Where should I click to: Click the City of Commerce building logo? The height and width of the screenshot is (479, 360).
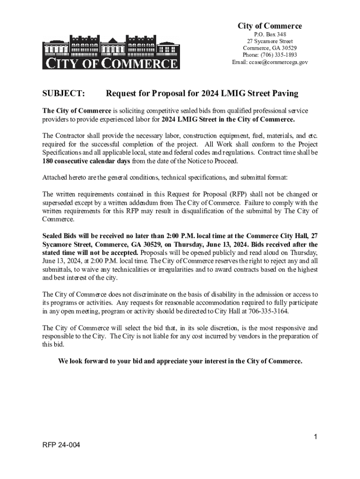coord(111,51)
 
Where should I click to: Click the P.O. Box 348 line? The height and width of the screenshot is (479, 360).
coord(270,35)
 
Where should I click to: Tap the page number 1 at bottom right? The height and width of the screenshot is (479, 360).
coord(316,437)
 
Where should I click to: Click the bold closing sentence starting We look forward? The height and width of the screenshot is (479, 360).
coord(180,361)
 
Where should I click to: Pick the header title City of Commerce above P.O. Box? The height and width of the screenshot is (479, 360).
coord(270,26)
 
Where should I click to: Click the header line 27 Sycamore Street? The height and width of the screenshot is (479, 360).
coord(270,42)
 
